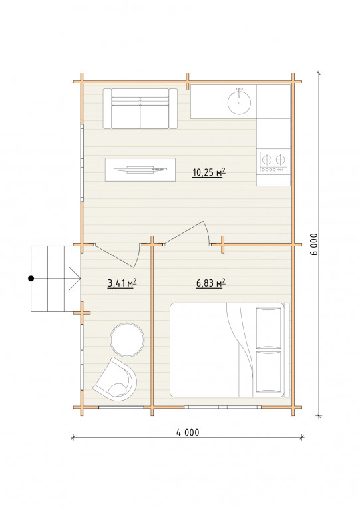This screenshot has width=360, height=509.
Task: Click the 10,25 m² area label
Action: click(209, 172)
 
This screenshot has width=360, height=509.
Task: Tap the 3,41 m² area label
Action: click(122, 283)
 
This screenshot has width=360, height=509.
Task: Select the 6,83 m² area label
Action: click(210, 283)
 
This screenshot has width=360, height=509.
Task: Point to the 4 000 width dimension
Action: click(188, 432)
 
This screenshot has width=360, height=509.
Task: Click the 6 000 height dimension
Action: click(314, 244)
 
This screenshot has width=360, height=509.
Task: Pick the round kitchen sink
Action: click(239, 102)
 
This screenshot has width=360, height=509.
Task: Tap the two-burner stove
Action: click(273, 162)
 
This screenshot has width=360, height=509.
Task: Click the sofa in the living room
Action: click(140, 108)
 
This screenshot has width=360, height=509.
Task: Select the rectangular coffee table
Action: click(140, 170)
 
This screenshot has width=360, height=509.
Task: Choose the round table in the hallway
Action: click(127, 339)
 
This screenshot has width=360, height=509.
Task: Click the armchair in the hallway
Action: click(116, 378)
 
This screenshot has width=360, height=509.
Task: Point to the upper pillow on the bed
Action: click(269, 328)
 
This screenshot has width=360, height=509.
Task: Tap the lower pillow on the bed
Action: click(269, 372)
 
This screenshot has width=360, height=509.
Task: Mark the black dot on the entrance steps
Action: click(31, 279)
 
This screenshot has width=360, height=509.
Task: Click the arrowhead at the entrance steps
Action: click(75, 279)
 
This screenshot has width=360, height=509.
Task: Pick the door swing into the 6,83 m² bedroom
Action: click(188, 232)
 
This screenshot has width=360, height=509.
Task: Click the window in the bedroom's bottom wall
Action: click(222, 407)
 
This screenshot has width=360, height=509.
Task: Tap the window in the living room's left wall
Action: click(82, 162)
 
